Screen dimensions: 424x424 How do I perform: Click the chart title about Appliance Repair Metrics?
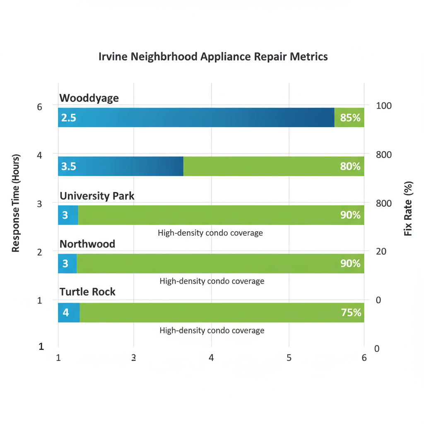(x=213, y=57)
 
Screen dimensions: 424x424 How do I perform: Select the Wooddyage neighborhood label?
(x=89, y=98)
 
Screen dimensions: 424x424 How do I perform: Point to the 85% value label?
(x=350, y=118)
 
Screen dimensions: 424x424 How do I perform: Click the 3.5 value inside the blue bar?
(x=68, y=166)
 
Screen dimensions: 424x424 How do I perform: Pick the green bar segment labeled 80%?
(x=273, y=166)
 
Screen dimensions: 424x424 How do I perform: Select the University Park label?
(x=97, y=195)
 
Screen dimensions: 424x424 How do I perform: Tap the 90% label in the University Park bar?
(x=350, y=215)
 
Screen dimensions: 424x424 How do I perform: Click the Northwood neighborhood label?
(x=87, y=244)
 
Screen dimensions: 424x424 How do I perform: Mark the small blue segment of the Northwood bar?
(x=67, y=263)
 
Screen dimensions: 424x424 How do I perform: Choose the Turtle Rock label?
(x=87, y=292)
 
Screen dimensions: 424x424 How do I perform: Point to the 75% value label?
(x=351, y=313)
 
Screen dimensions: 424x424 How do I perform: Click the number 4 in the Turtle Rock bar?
(x=65, y=313)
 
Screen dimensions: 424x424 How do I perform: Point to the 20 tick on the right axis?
(x=381, y=251)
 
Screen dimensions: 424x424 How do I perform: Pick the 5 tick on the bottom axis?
(x=289, y=358)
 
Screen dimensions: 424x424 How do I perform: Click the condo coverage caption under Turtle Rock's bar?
(x=212, y=330)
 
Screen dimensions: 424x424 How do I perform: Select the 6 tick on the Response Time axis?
(x=40, y=107)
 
